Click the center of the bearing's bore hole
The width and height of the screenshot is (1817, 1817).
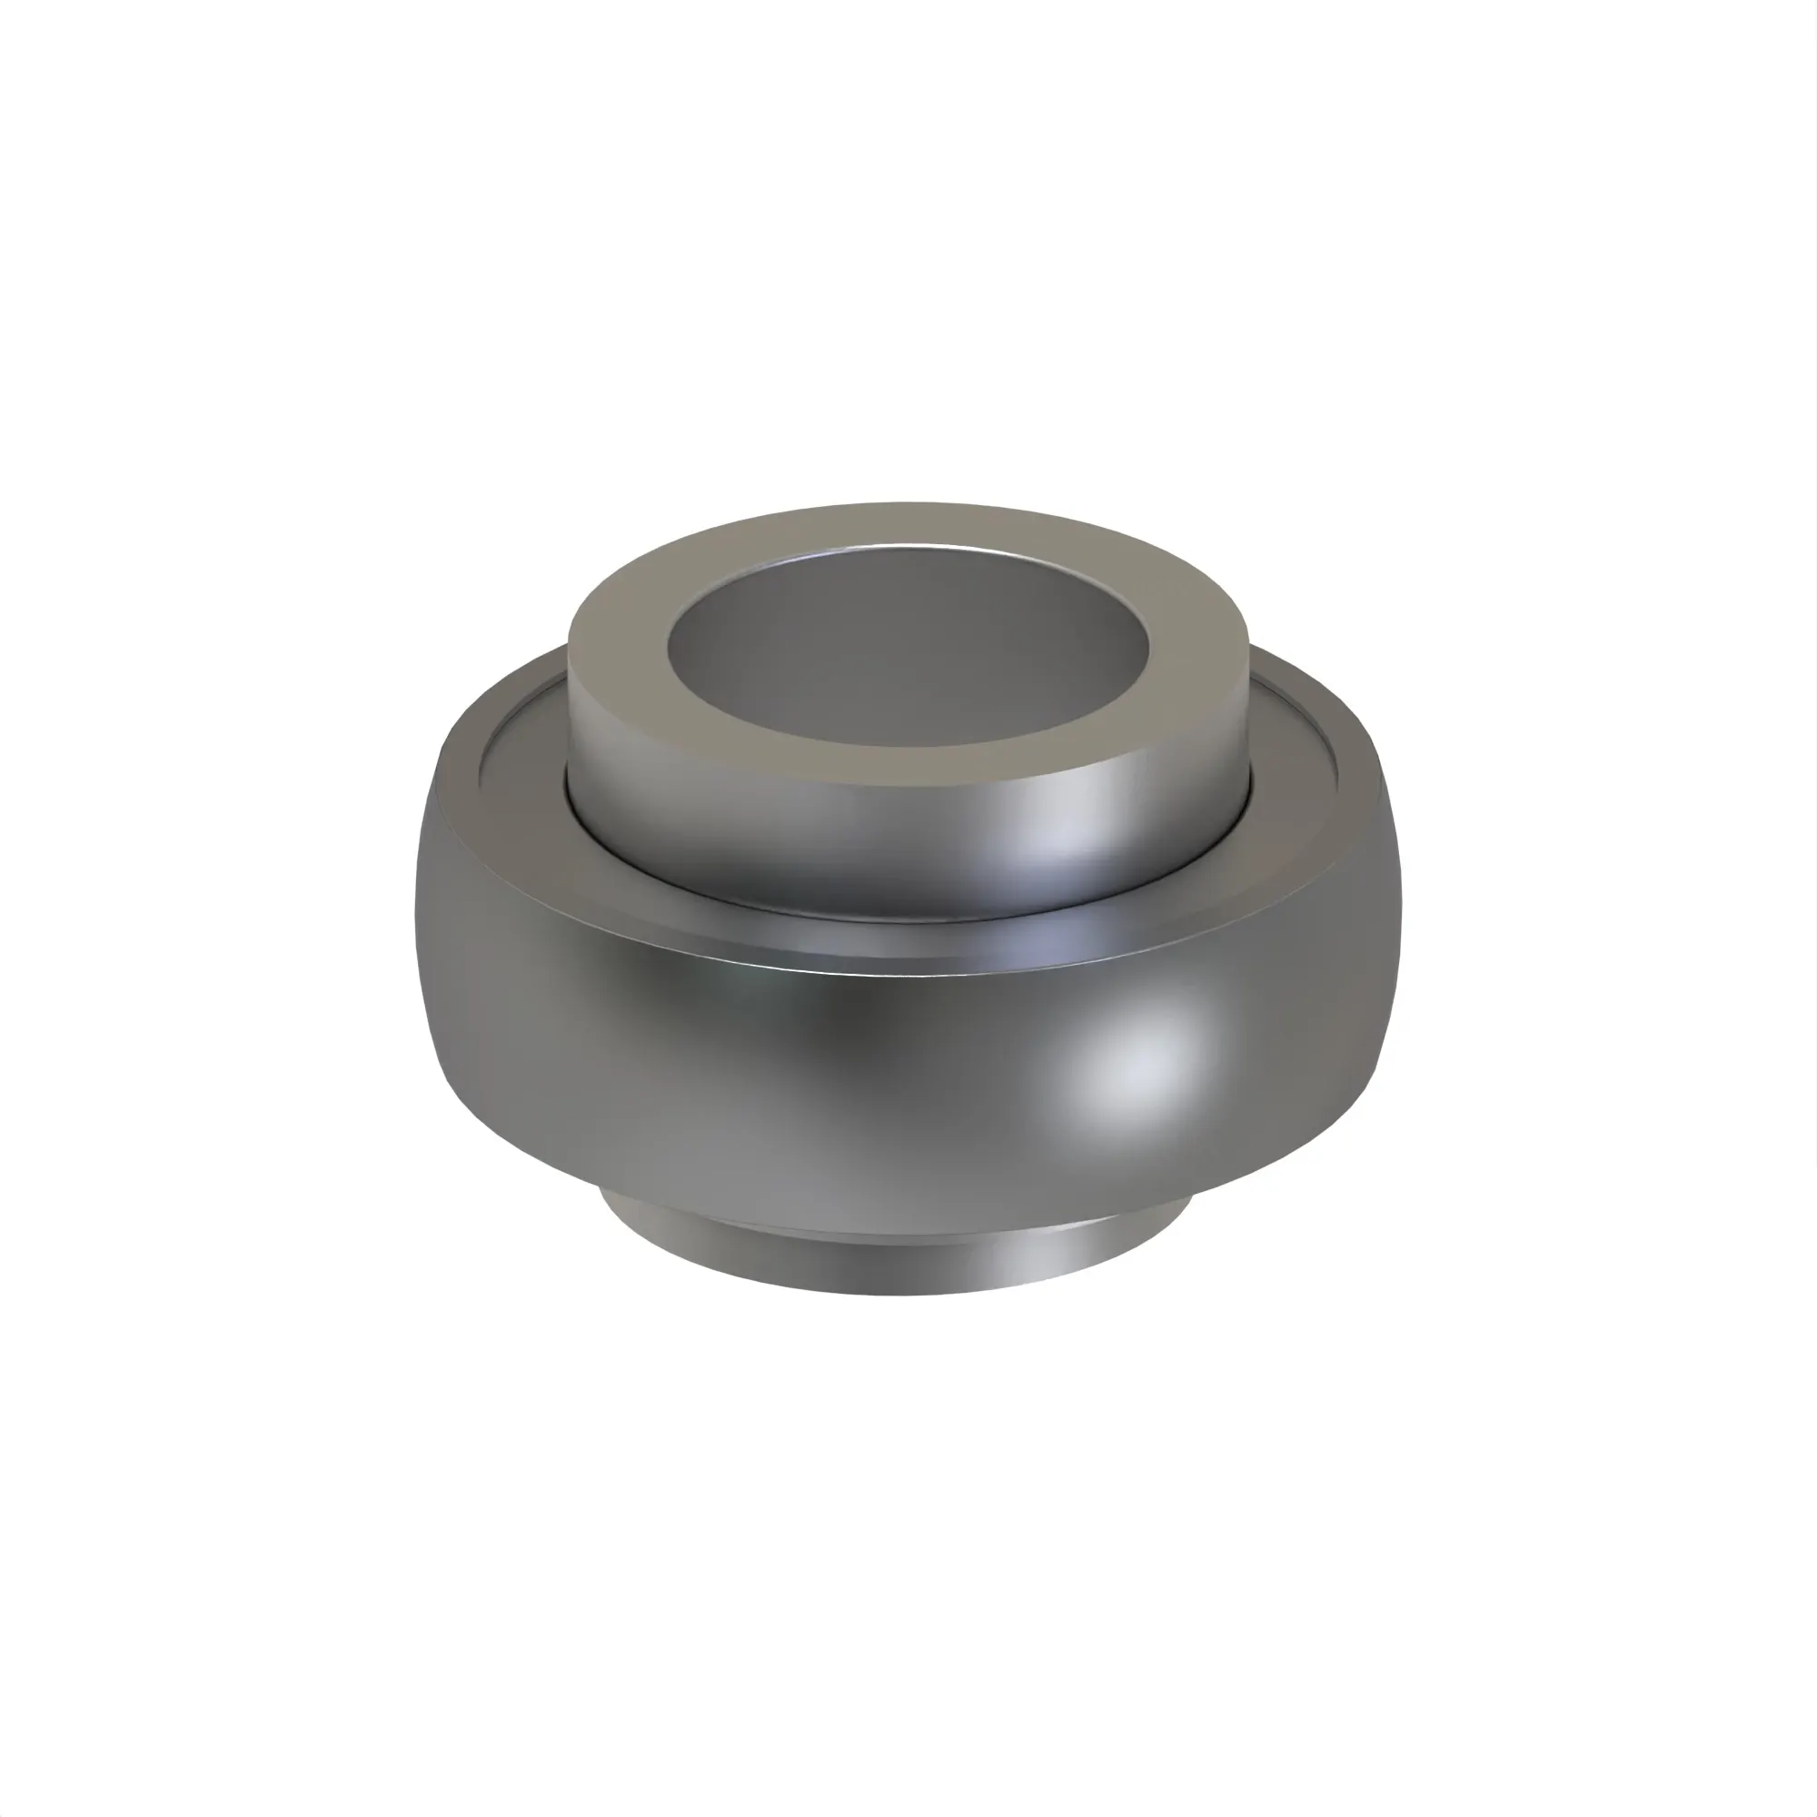pos(908,649)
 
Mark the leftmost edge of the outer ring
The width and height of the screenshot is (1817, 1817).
pos(417,917)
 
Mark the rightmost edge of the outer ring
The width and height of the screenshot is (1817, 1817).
pos(1400,917)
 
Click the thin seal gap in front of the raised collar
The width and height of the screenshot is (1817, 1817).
pos(908,917)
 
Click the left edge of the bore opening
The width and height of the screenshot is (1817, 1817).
pos(670,649)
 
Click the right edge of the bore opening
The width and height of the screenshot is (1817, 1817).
pos(1149,649)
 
